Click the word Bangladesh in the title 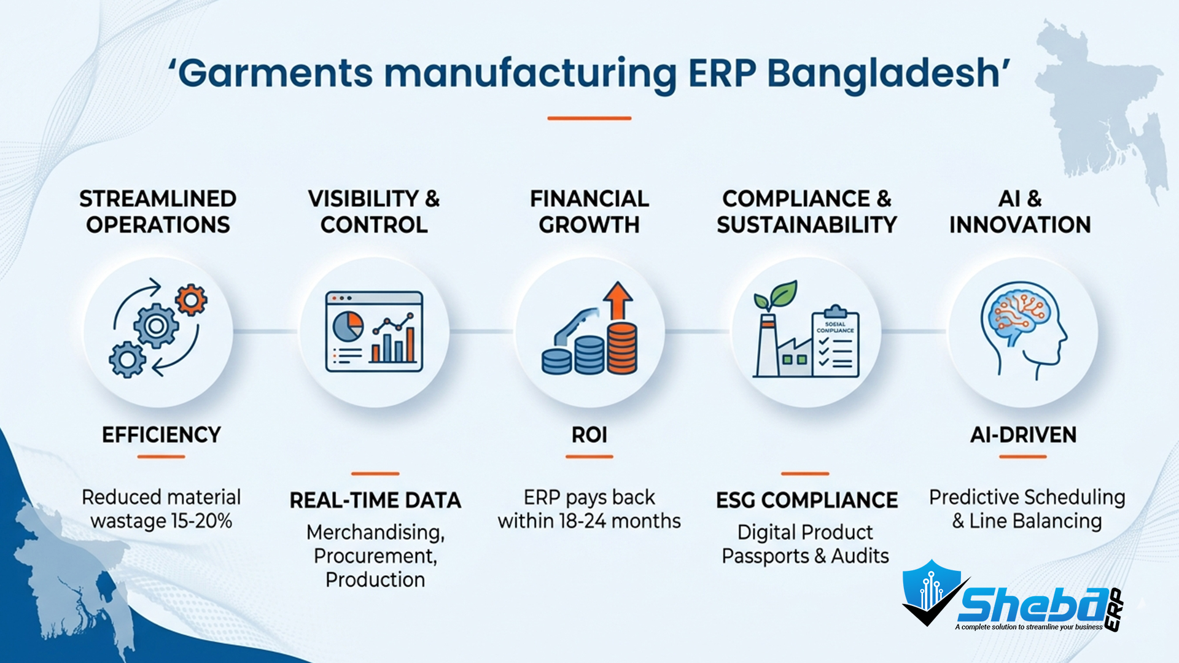coord(884,74)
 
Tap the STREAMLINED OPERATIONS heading coord(158,212)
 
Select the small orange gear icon coord(191,300)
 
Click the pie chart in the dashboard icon coord(348,326)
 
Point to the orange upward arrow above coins coord(618,300)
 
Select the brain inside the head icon coord(1016,313)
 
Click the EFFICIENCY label coord(161,435)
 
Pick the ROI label coord(589,435)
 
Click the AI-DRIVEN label coord(1023,435)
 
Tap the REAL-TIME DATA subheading coord(375,500)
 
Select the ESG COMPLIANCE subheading coord(806,500)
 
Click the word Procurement coord(374,556)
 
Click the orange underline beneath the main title coord(589,118)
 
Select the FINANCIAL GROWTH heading coord(589,212)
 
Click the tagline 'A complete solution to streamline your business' coord(1029,627)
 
